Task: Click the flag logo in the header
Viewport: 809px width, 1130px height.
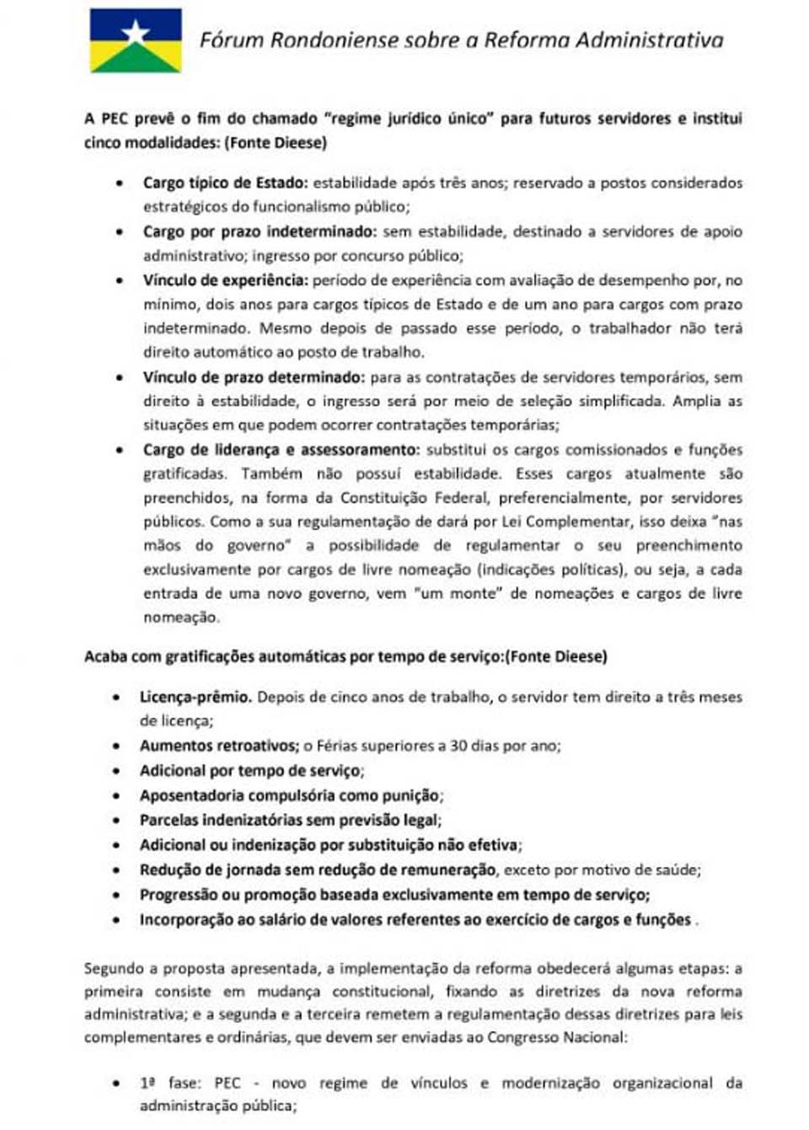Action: coord(136,40)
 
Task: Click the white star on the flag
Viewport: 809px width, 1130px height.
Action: coord(136,32)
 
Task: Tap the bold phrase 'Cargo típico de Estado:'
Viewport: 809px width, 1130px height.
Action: coord(225,182)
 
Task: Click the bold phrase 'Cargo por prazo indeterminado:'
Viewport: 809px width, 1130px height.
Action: coord(259,231)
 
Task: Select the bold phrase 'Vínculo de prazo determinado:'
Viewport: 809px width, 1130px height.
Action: coord(254,377)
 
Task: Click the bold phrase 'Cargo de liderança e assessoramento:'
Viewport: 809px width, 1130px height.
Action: coord(281,449)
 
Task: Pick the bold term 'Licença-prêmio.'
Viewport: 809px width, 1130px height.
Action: coord(196,697)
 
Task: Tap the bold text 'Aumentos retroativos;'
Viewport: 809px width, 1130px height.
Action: coord(219,746)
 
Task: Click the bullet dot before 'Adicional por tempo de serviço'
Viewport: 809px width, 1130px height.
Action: coord(117,771)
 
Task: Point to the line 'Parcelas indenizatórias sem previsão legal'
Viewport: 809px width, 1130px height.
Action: coord(290,820)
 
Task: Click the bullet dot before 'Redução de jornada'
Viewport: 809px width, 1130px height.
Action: coord(117,870)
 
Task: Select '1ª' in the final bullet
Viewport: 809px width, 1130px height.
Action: coord(147,1083)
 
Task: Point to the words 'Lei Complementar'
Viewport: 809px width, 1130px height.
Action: coord(555,522)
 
